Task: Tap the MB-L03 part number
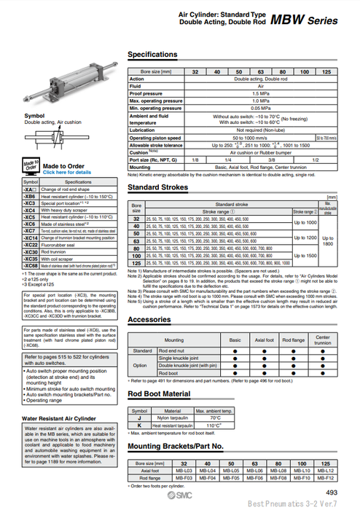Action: point(184,471)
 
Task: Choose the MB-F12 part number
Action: point(326,477)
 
